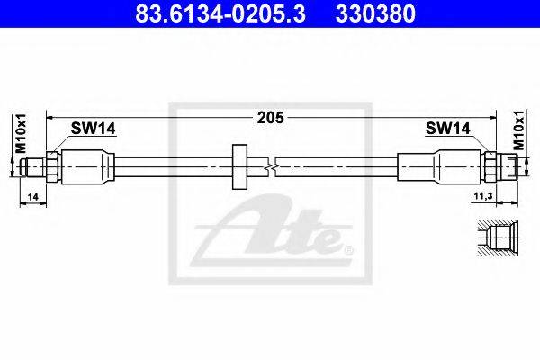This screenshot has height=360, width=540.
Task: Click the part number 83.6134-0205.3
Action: pyautogui.click(x=220, y=13)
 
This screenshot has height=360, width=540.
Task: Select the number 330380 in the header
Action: pyautogui.click(x=375, y=13)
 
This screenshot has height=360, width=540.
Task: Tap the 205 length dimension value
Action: pyautogui.click(x=271, y=118)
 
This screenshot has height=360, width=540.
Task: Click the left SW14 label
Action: pyautogui.click(x=94, y=129)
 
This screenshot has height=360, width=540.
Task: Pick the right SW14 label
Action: pyautogui.click(x=447, y=129)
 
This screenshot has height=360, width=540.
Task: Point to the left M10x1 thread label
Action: pyautogui.click(x=21, y=133)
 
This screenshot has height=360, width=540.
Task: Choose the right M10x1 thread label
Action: pyautogui.click(x=518, y=130)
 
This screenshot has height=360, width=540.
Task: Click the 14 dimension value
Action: pyautogui.click(x=33, y=197)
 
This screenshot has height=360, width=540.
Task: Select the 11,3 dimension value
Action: pyautogui.click(x=483, y=196)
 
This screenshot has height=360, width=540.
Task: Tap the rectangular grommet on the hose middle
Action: pyautogui.click(x=239, y=166)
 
